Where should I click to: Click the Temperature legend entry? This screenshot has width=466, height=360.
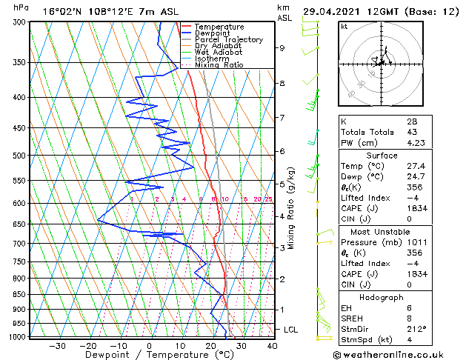pyautogui.click(x=220, y=27)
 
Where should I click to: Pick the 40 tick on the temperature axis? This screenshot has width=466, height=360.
pyautogui.click(x=272, y=346)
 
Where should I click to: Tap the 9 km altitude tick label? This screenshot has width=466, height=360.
pyautogui.click(x=282, y=48)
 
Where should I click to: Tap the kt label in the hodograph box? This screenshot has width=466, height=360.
pyautogui.click(x=344, y=27)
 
